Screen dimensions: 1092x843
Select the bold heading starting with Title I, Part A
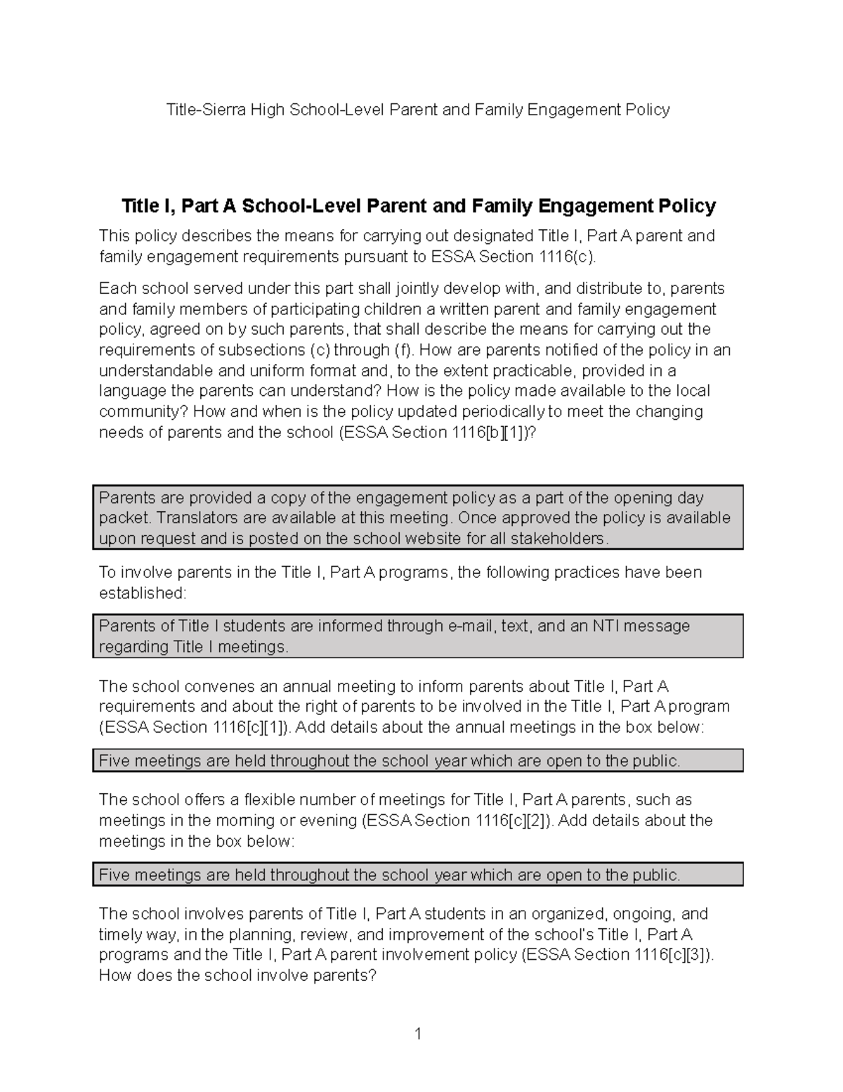[x=419, y=206]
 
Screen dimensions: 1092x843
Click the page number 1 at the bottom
[x=418, y=1034]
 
